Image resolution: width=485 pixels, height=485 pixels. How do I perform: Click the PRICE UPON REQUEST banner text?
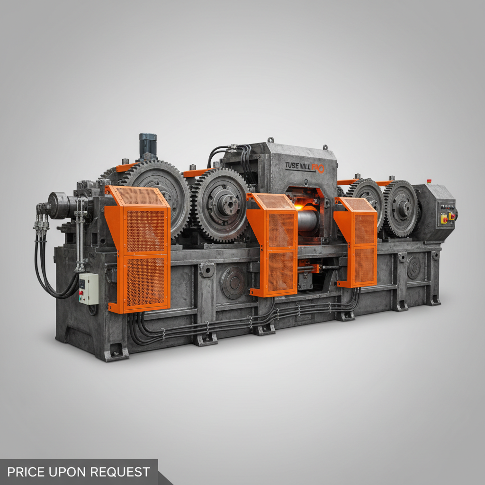click(79, 472)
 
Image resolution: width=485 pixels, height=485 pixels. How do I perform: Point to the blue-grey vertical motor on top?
click(148, 145)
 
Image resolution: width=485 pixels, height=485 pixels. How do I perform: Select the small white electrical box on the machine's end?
click(89, 288)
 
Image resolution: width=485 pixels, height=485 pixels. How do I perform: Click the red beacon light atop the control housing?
click(429, 181)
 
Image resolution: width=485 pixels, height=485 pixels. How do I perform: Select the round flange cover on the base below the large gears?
click(233, 282)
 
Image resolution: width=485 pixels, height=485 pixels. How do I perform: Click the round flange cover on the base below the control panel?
click(413, 268)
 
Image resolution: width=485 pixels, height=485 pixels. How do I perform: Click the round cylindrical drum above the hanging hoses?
click(59, 205)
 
